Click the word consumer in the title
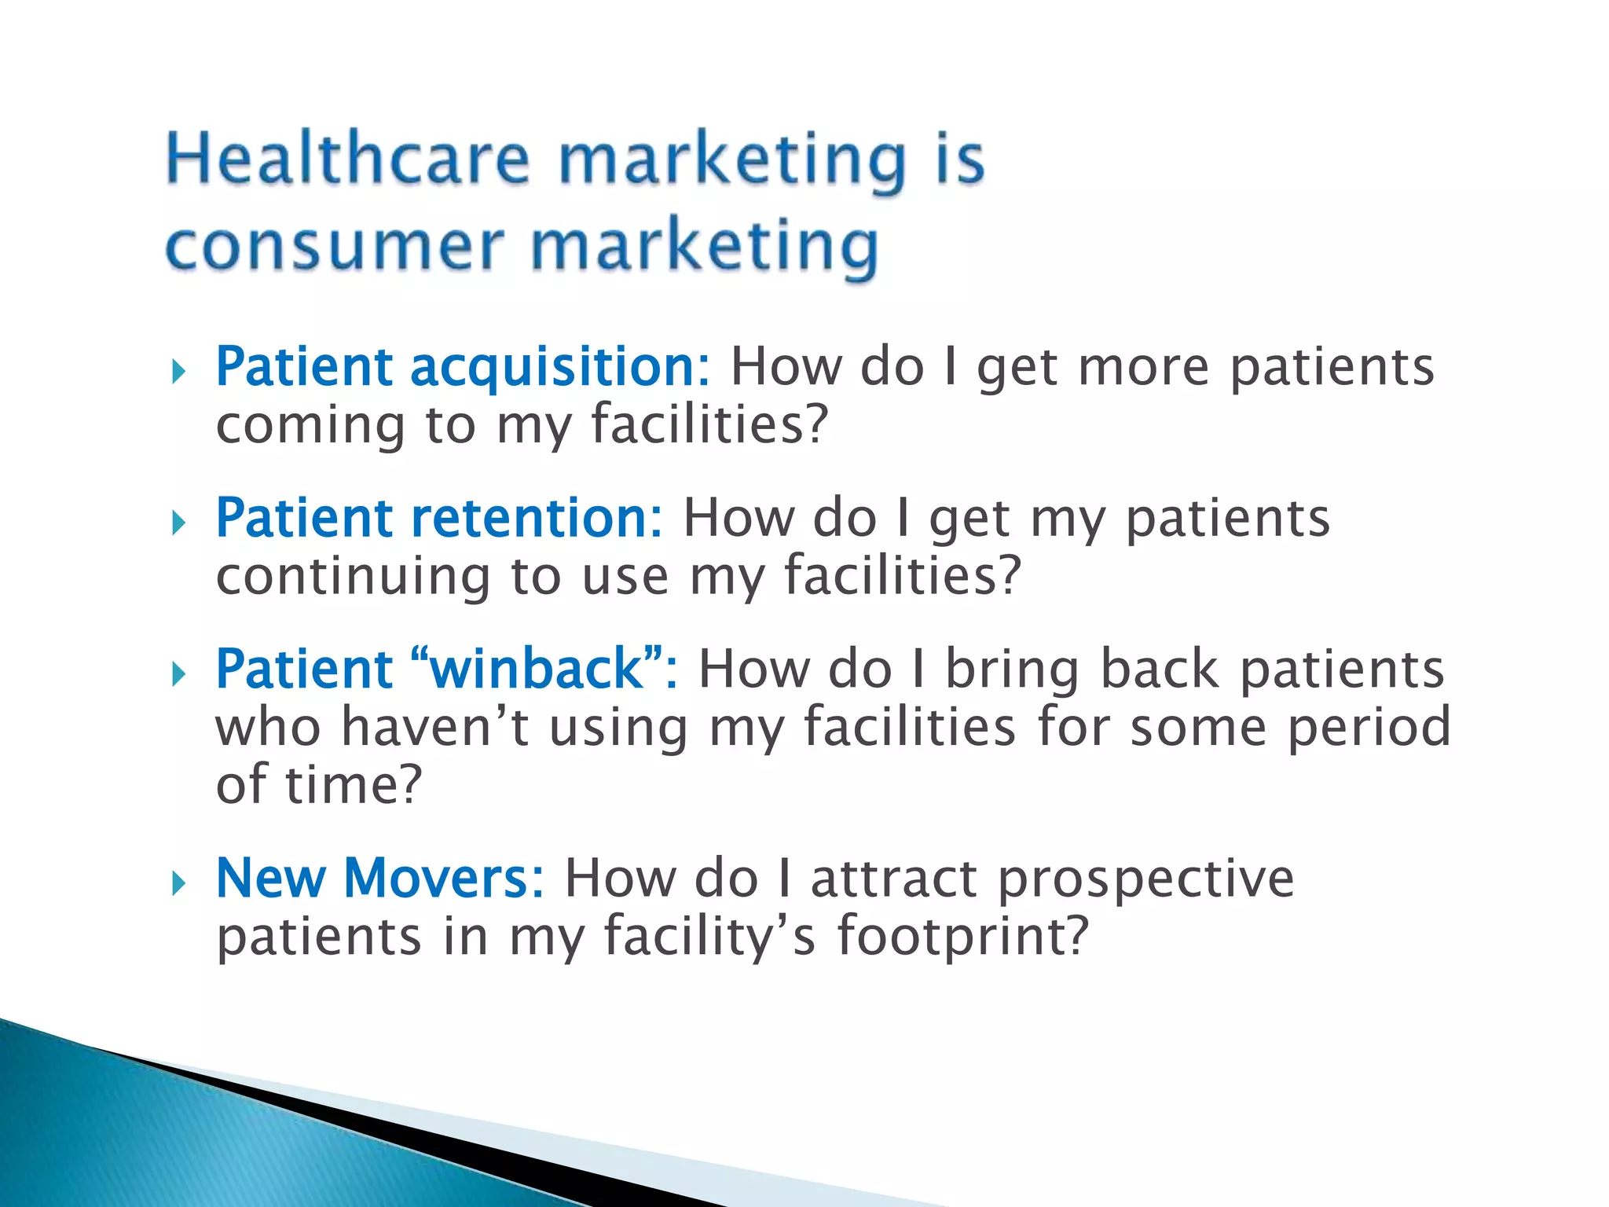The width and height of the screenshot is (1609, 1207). pyautogui.click(x=334, y=247)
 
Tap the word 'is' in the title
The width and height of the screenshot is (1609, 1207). pyautogui.click(x=959, y=160)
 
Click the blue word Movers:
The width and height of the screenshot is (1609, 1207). pyautogui.click(x=444, y=878)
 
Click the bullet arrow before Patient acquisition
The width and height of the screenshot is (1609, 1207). pyautogui.click(x=178, y=372)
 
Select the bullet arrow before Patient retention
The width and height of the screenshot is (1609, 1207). pyautogui.click(x=178, y=523)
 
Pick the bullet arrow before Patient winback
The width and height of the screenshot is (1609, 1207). pyautogui.click(x=178, y=673)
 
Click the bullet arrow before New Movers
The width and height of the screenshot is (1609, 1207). pyautogui.click(x=178, y=882)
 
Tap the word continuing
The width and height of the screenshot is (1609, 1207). pyautogui.click(x=353, y=577)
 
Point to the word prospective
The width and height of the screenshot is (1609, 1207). pyautogui.click(x=1145, y=879)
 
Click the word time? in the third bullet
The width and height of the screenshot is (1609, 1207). pyautogui.click(x=354, y=784)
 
